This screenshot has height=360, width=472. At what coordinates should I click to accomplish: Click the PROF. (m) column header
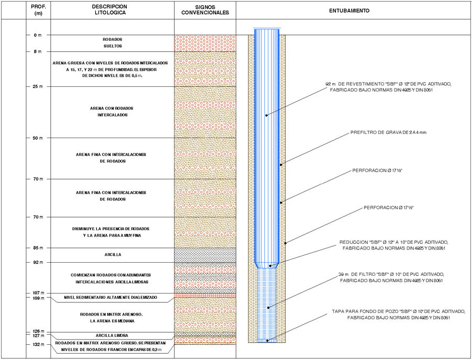coord(39,10)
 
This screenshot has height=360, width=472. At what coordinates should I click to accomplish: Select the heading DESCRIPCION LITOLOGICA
coord(110,9)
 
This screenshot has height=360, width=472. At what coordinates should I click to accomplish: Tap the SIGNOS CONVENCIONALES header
coord(205,10)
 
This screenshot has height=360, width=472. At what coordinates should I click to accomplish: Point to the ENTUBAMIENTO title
coord(349,10)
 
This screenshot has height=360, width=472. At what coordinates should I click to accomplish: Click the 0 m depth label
coord(38,35)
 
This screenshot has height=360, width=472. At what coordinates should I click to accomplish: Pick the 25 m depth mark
coord(38,87)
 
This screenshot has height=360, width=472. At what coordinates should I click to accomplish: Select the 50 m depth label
coord(38,138)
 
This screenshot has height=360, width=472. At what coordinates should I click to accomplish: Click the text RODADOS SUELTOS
coord(113,43)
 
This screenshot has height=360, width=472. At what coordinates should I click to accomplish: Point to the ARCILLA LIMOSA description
coord(112,335)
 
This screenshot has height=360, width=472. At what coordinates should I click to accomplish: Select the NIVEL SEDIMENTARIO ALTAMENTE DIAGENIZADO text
coord(110,297)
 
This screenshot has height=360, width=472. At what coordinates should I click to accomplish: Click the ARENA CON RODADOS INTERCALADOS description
coord(111,111)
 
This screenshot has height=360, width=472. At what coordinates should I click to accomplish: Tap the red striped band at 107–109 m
coord(205,296)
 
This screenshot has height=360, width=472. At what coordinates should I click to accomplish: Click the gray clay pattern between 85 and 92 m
coord(205,255)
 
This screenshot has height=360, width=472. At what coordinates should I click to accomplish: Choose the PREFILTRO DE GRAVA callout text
coord(388,132)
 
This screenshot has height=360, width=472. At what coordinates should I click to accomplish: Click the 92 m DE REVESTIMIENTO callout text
coord(388,87)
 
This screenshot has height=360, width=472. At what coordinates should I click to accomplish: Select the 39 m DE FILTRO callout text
coord(391,277)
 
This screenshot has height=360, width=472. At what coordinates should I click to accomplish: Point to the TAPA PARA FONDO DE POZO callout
coord(399,314)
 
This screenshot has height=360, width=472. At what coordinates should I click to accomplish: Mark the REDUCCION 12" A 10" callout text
coord(394,245)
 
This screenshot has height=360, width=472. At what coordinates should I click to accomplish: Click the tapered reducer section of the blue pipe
coord(267,265)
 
